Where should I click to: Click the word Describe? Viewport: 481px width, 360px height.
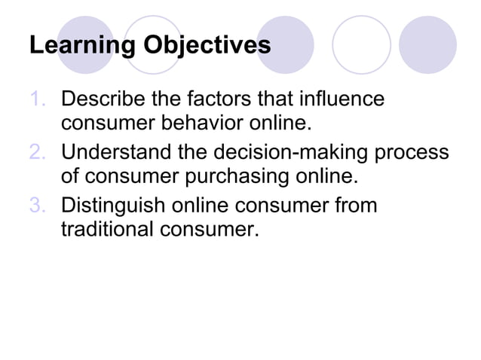103,99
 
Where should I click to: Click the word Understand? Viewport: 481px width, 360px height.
118,153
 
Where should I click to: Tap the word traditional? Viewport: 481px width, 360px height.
106,228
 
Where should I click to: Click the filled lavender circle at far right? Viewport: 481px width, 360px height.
427,44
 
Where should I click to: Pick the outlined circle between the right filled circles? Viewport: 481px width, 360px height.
362,44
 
